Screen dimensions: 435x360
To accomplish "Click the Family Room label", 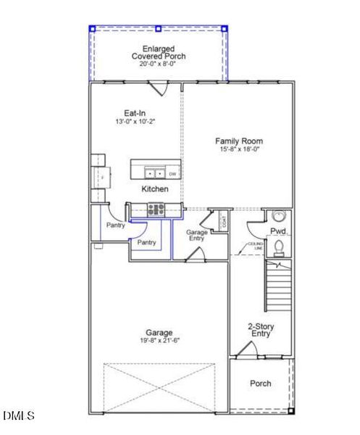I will tap(239, 141).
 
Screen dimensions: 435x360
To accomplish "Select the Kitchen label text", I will tap(155, 188).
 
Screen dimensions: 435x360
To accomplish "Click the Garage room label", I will tap(159, 333).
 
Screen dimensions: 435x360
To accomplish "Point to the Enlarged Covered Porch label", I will tap(158, 52).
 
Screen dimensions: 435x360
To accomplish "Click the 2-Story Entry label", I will tap(259, 330).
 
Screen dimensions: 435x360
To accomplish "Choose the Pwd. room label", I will tap(280, 231).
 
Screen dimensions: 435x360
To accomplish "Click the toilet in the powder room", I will tap(280, 246).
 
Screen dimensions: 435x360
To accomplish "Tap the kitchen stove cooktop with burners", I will tap(156, 210).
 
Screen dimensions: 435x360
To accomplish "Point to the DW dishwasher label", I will tap(172, 174).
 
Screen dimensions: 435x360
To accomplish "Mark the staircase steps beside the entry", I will tap(277, 286).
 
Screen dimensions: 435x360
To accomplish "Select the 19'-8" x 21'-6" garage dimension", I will tap(159, 341).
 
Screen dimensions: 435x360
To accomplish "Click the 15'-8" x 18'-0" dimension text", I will tap(239, 149).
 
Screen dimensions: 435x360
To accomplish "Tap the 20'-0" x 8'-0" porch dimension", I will tap(158, 64).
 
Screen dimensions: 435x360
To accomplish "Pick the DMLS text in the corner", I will tap(18, 415).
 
